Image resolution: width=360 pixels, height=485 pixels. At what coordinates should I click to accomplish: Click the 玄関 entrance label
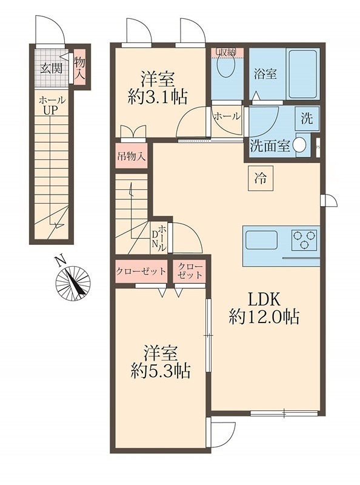[52, 67]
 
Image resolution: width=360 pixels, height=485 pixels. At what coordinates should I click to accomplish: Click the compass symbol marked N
[73, 283]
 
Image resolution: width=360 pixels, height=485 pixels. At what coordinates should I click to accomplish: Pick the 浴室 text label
[265, 74]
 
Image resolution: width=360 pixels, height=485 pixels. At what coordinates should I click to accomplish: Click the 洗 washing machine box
[307, 119]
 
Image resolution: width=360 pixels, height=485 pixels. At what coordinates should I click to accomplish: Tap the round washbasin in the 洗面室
[299, 146]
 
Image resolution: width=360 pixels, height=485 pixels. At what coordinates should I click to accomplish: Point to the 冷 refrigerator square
[259, 179]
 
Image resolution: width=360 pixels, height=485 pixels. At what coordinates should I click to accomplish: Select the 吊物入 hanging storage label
[131, 155]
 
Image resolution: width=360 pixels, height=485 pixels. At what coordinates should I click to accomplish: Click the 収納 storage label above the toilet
[228, 52]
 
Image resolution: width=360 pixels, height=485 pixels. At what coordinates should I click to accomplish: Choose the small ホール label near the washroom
[227, 116]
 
